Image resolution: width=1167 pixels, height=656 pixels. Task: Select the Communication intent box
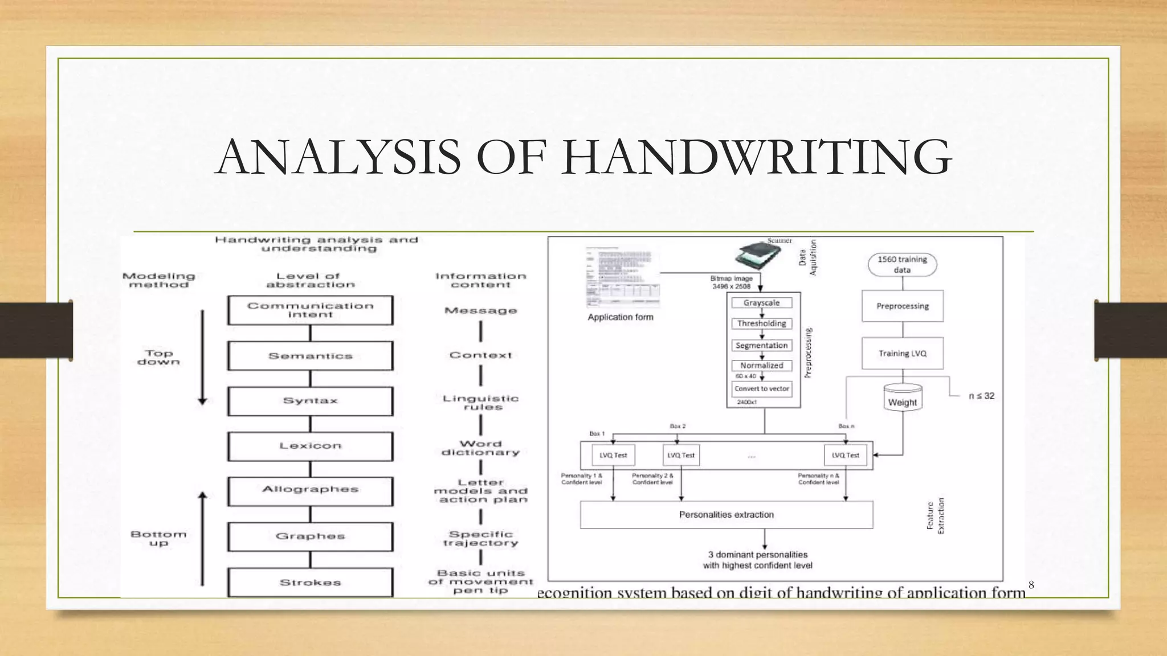[311, 310]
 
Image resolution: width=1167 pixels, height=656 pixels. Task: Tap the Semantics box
[311, 356]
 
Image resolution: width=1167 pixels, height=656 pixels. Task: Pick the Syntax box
[311, 401]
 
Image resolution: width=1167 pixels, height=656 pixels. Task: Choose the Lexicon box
[311, 446]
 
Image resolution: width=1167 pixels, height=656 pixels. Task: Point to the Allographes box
[311, 490]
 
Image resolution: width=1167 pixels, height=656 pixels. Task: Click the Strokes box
[311, 582]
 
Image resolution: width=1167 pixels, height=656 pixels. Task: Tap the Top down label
[158, 358]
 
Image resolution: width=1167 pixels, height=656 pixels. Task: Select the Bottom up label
[158, 538]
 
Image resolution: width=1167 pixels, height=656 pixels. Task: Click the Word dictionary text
[480, 448]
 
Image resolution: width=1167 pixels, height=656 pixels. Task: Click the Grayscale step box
[761, 303]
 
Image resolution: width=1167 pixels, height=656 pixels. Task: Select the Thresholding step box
[761, 323]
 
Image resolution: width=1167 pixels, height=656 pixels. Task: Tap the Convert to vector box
[761, 389]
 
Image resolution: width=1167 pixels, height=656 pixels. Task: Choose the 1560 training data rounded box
[902, 264]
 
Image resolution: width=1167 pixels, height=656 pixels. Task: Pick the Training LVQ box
[902, 354]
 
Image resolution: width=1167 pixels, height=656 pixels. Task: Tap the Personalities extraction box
[727, 515]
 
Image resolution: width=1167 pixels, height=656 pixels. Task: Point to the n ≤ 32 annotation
[981, 396]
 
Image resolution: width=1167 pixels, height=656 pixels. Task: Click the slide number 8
[1031, 585]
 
